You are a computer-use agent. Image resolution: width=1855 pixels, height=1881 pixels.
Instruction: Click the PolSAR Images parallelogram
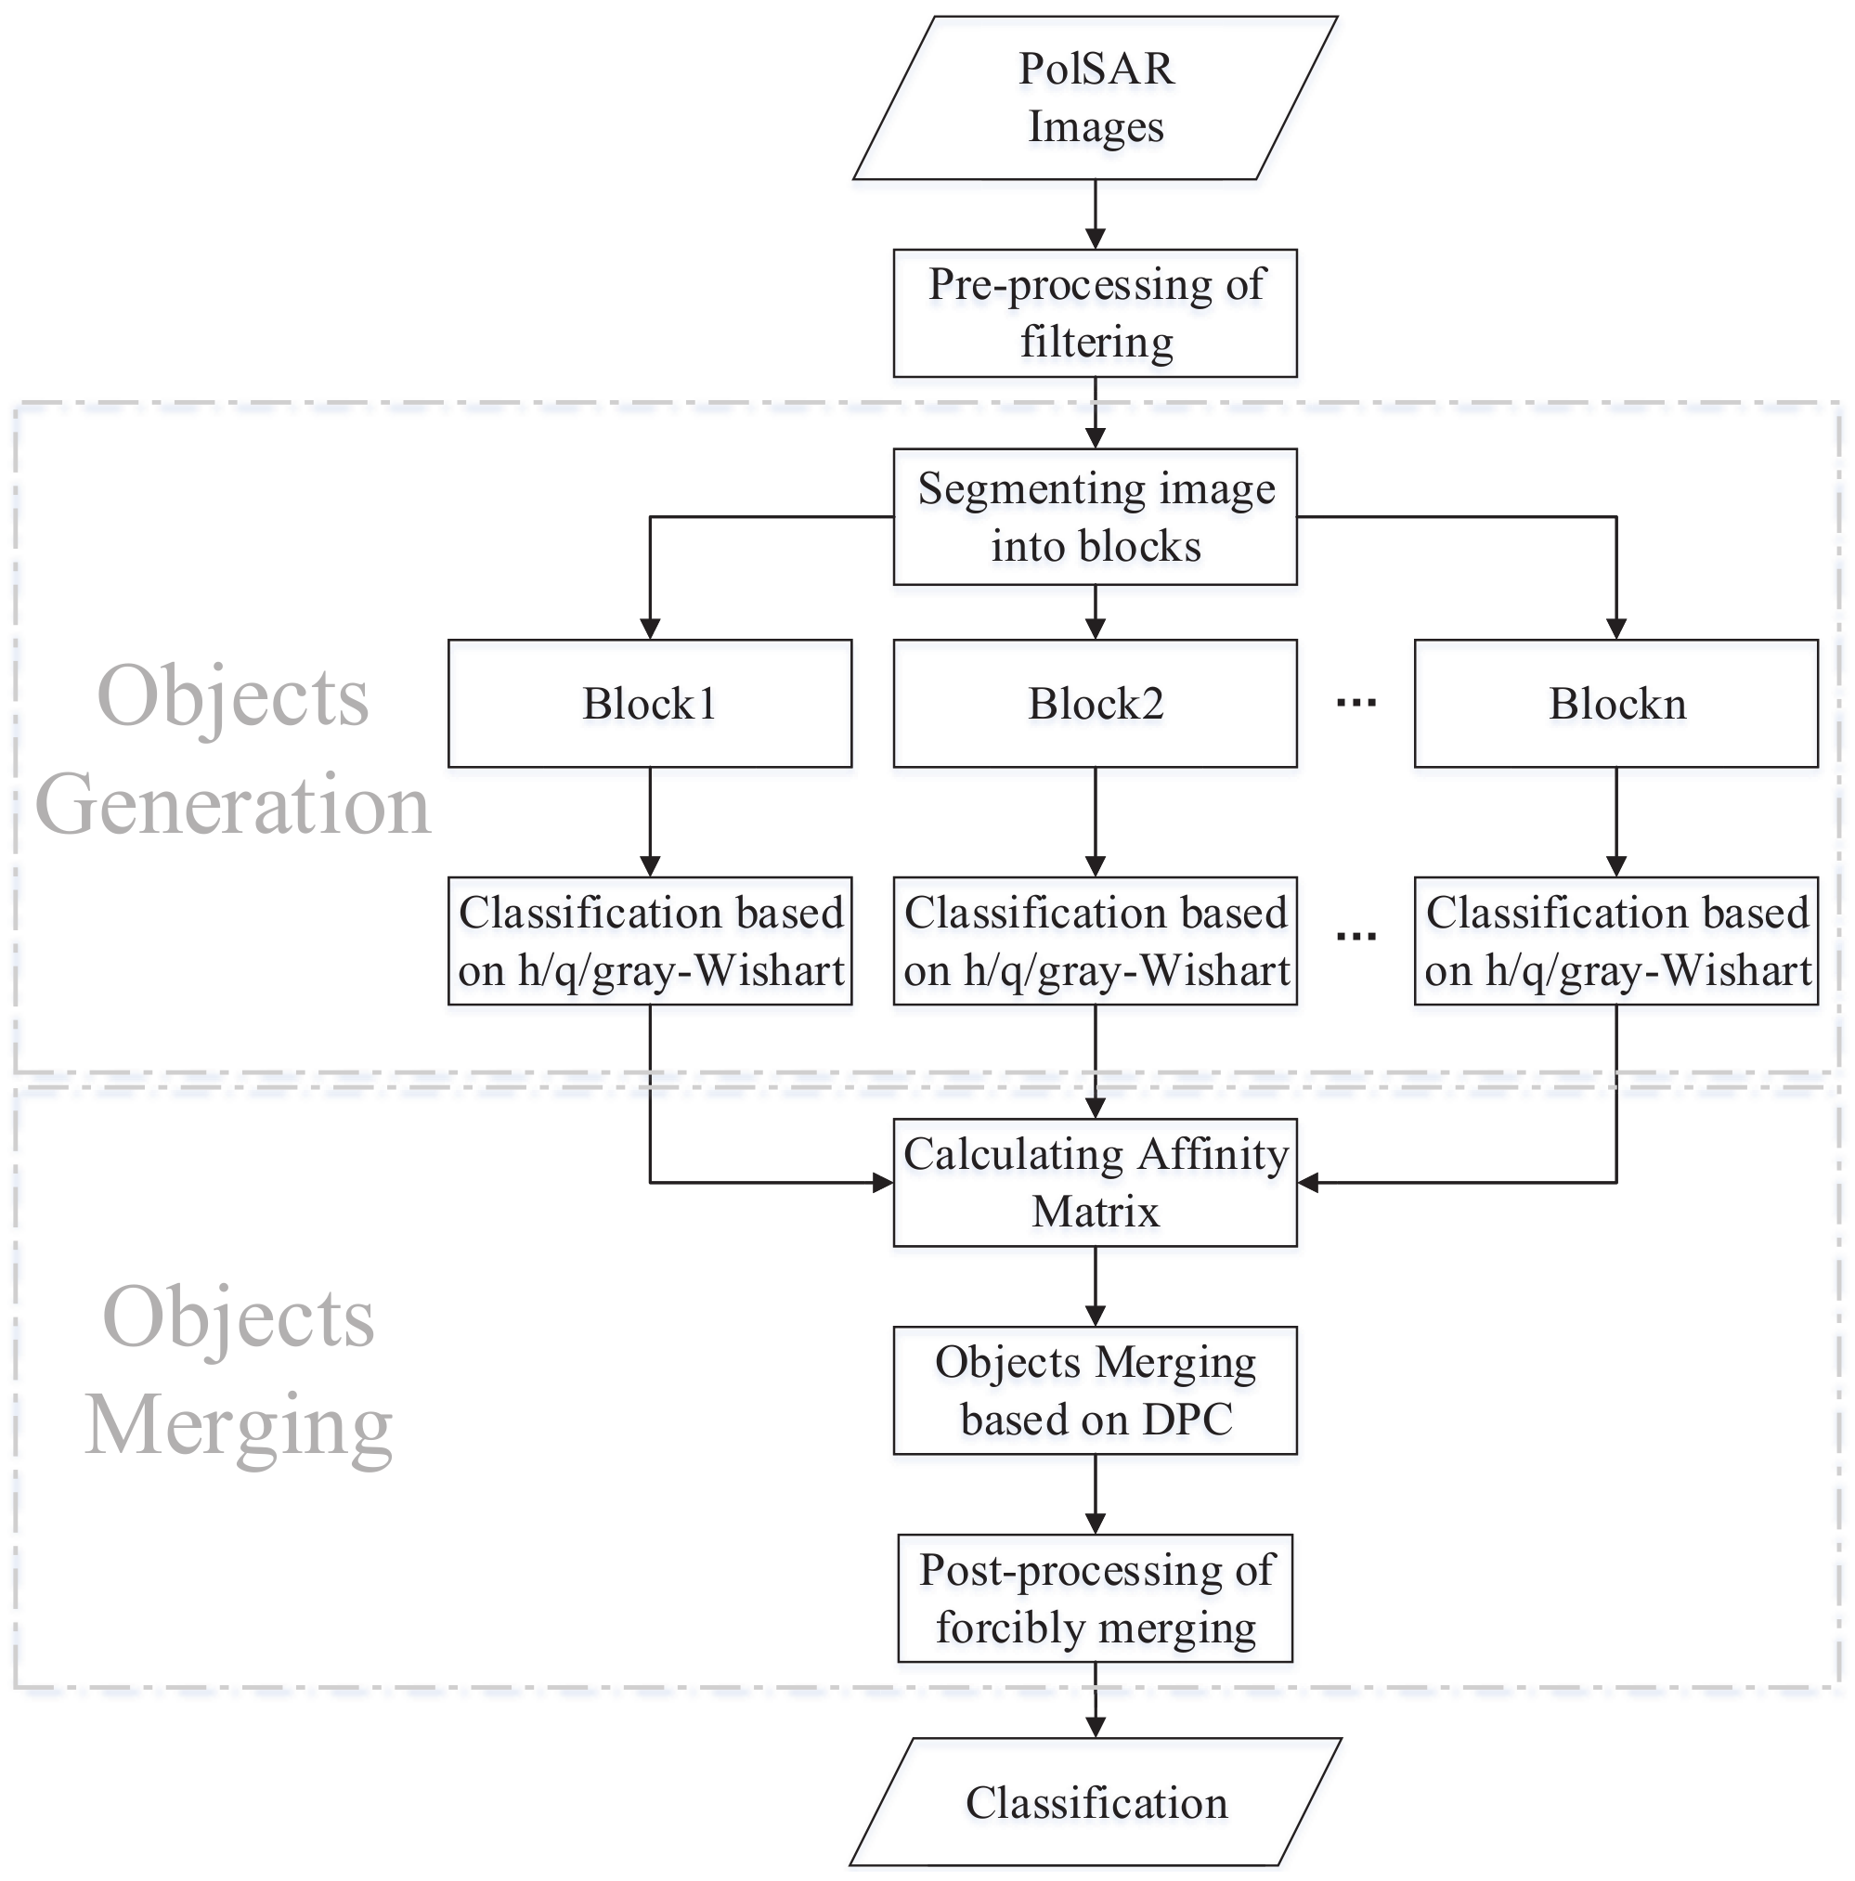point(1095,97)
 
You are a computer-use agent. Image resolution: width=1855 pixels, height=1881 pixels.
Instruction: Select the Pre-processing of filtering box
point(1095,313)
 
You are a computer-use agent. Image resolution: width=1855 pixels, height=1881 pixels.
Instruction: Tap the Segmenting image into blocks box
point(1095,516)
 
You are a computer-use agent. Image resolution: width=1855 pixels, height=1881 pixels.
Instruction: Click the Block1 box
point(650,703)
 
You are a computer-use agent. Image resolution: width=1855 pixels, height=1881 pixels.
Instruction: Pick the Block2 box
point(1095,703)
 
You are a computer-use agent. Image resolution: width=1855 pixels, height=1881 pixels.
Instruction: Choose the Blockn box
point(1615,703)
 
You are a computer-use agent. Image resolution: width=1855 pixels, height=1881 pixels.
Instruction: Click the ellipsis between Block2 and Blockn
point(1356,702)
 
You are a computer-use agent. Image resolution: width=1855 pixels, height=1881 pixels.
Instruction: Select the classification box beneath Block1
point(650,940)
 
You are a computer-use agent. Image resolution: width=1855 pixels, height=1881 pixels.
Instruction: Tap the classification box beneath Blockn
point(1615,940)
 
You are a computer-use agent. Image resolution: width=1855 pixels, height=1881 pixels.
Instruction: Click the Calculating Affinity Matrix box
point(1095,1182)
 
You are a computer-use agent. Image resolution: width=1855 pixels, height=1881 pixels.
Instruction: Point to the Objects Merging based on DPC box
point(1095,1389)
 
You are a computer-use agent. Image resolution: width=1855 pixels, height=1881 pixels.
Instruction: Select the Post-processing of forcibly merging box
point(1095,1598)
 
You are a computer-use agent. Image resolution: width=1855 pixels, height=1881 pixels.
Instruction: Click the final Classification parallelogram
point(1095,1801)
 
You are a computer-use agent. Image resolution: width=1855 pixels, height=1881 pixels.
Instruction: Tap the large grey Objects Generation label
point(234,749)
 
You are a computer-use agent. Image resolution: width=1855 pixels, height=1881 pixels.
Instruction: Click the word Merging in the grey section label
point(239,1423)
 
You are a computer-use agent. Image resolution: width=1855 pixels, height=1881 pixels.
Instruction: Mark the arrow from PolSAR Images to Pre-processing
point(1095,214)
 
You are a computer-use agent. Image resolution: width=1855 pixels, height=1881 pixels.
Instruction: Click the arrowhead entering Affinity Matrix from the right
point(1308,1182)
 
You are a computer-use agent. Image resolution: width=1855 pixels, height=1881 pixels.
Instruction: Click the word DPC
point(1187,1419)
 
